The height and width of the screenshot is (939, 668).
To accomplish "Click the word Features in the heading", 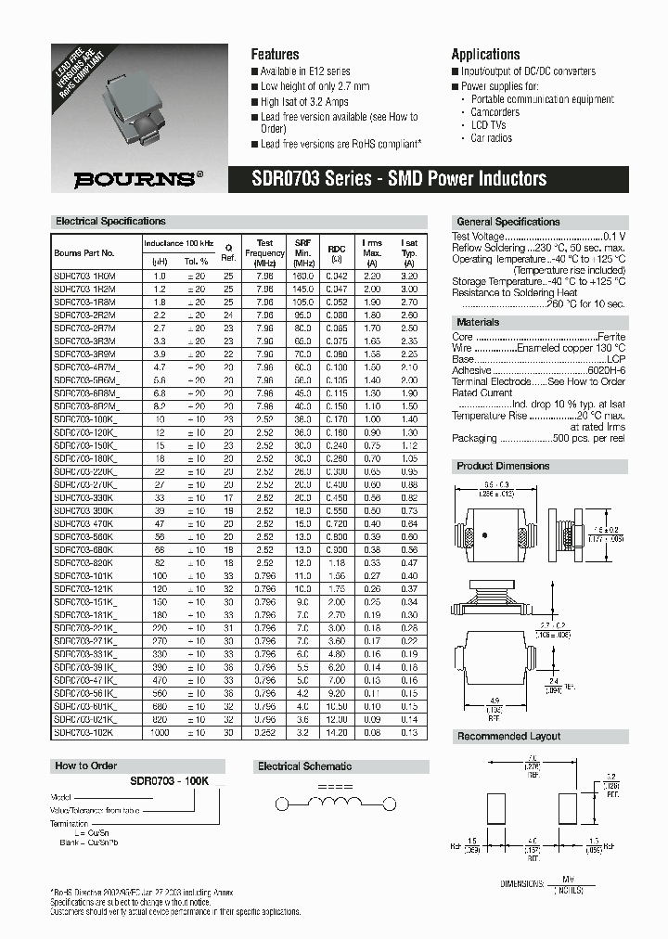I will click(276, 55).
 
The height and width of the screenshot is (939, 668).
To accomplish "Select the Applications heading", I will click(485, 55).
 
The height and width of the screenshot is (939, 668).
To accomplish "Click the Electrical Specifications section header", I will click(110, 222).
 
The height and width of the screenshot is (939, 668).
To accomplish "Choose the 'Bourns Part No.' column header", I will click(84, 252).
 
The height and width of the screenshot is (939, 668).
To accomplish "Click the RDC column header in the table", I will click(336, 249).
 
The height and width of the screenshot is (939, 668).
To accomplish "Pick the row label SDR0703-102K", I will click(83, 732).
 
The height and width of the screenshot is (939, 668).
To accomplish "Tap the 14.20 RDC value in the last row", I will click(336, 732).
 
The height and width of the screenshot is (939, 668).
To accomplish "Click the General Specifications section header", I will click(508, 223).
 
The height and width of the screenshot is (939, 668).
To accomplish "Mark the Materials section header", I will click(479, 322).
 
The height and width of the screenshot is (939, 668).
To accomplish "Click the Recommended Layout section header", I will click(508, 736).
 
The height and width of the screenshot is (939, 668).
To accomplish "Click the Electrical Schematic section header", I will click(304, 766).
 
